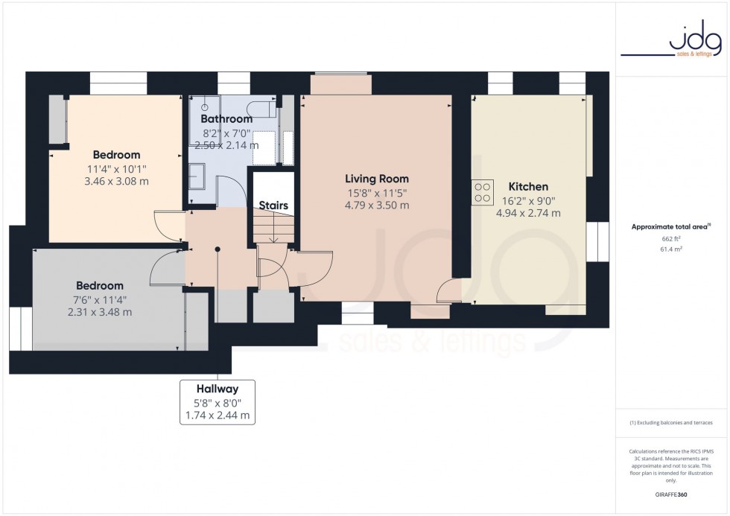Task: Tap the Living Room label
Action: pos(377,179)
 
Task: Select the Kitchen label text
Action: pos(528,187)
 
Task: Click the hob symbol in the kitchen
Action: pos(483,192)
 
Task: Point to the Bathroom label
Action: pos(226,119)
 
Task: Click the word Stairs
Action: pos(273,205)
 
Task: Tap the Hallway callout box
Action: pos(218,402)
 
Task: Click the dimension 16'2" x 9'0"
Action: pos(528,200)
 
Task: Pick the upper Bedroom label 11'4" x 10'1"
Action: pos(117,168)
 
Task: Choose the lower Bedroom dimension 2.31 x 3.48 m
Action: pos(99,312)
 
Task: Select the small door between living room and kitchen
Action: pos(451,290)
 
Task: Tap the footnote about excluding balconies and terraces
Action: pos(671,422)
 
